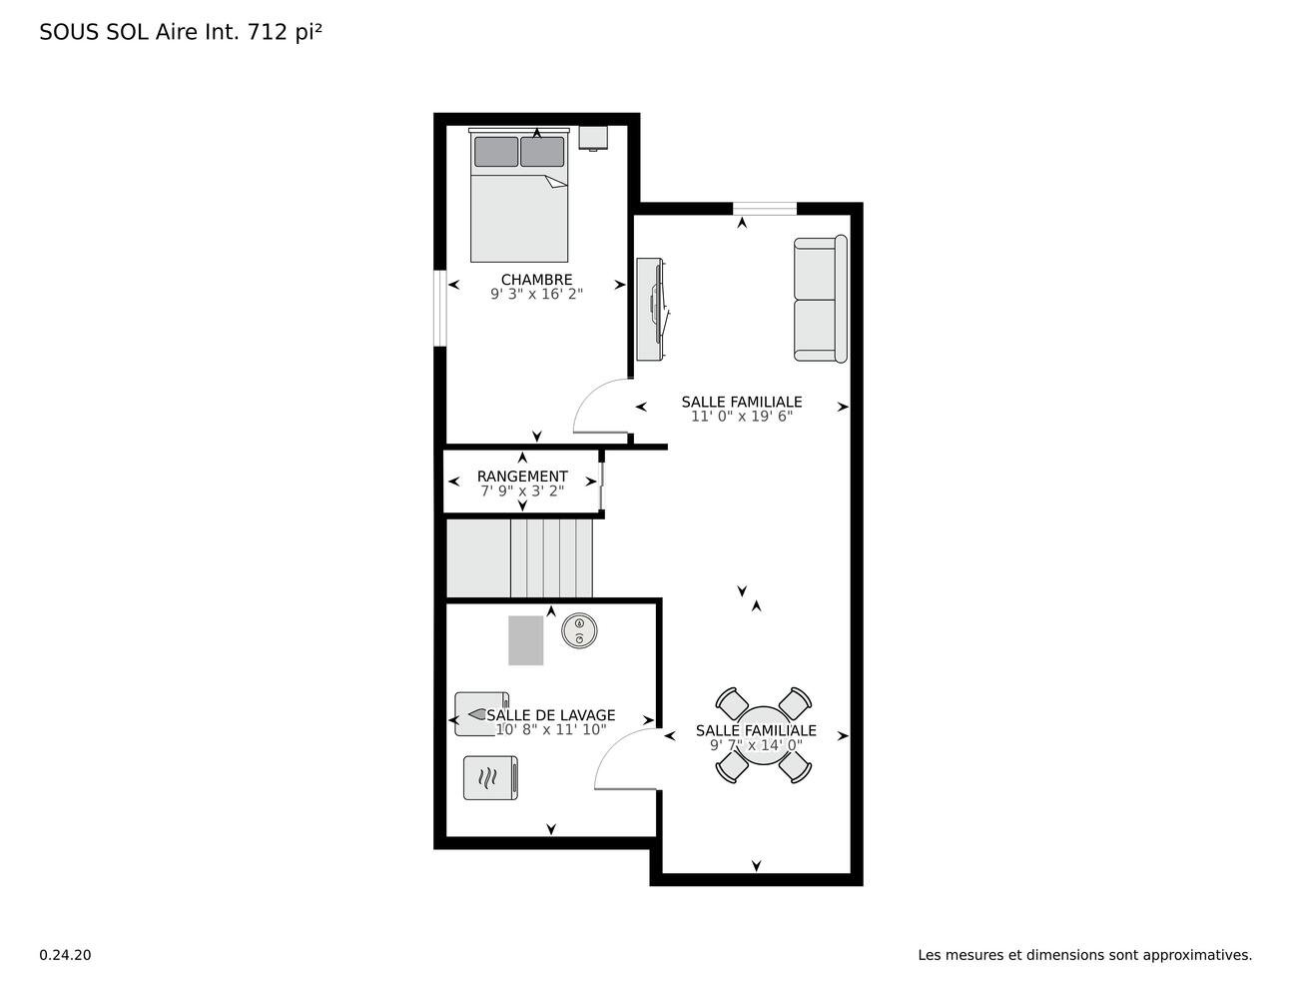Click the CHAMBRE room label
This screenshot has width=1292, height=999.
point(536,280)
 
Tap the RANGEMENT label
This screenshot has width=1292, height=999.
point(522,477)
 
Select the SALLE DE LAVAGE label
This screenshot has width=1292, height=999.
point(550,714)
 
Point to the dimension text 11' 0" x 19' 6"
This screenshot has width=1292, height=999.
point(742,417)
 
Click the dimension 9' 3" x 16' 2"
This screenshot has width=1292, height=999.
point(536,294)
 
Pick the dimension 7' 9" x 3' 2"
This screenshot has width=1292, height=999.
point(522,492)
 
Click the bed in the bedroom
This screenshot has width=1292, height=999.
point(519,196)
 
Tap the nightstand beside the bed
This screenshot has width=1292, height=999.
point(593,138)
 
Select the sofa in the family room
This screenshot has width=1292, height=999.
point(821,299)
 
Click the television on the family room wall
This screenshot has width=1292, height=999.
point(652,310)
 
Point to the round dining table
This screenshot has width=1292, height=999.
point(763,735)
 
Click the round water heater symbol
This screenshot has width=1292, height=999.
point(579,630)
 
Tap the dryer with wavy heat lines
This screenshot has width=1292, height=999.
point(490,778)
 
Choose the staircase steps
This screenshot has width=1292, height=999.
point(519,558)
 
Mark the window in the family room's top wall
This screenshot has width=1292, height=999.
point(764,208)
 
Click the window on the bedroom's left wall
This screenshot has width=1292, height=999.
point(439,308)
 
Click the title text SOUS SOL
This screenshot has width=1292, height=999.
point(94,32)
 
